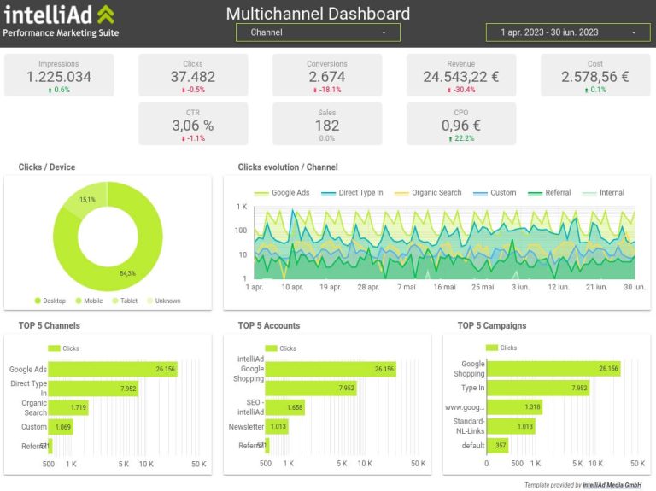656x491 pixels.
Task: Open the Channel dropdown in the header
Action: click(317, 32)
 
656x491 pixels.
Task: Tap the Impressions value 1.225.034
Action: click(59, 77)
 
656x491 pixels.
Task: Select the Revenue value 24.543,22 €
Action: click(461, 77)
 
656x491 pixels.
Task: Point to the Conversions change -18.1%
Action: click(327, 90)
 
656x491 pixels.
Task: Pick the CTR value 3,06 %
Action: click(193, 126)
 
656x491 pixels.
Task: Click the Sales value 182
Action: click(327, 126)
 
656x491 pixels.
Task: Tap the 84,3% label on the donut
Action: click(127, 273)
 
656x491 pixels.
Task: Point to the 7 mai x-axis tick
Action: click(407, 287)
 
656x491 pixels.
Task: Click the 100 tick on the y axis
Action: click(241, 231)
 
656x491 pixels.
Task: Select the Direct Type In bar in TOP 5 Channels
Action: click(93, 389)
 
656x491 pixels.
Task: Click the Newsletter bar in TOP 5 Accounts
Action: click(278, 426)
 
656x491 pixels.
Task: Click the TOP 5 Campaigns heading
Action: click(491, 325)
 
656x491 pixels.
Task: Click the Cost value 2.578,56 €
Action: click(595, 77)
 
